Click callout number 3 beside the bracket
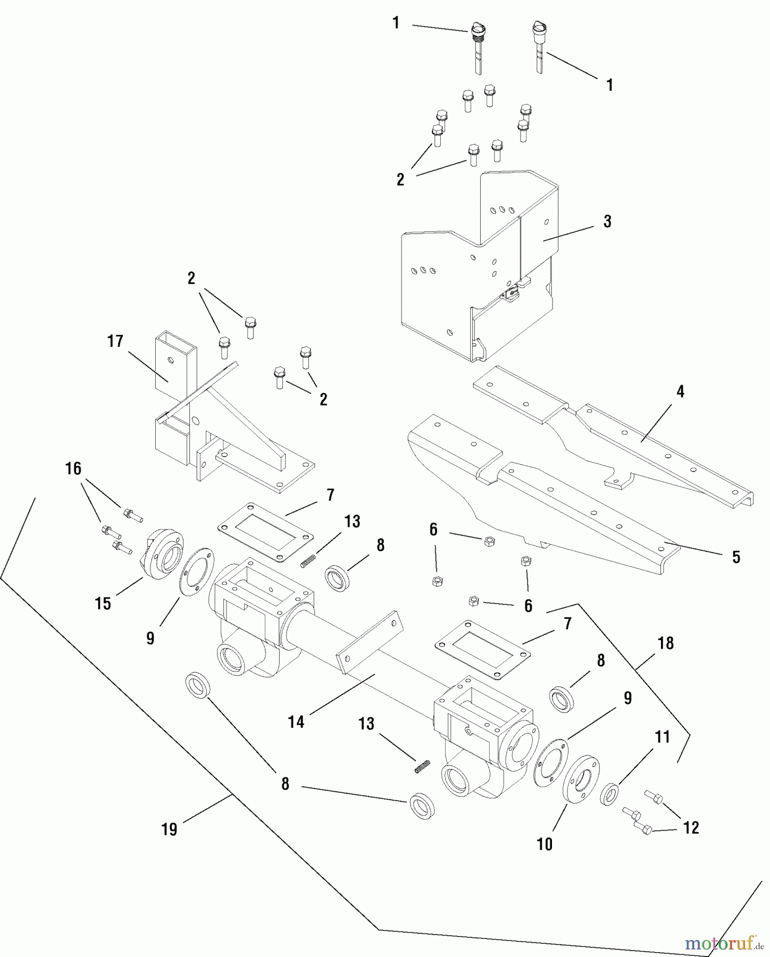607,222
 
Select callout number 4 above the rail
680,392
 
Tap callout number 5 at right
736,557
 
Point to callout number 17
115,341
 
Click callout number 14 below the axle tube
296,721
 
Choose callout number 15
103,603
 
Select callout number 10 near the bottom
545,844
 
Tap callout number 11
662,737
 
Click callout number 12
691,828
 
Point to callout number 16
73,468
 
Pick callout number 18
666,643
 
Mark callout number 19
169,830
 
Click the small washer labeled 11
609,794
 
